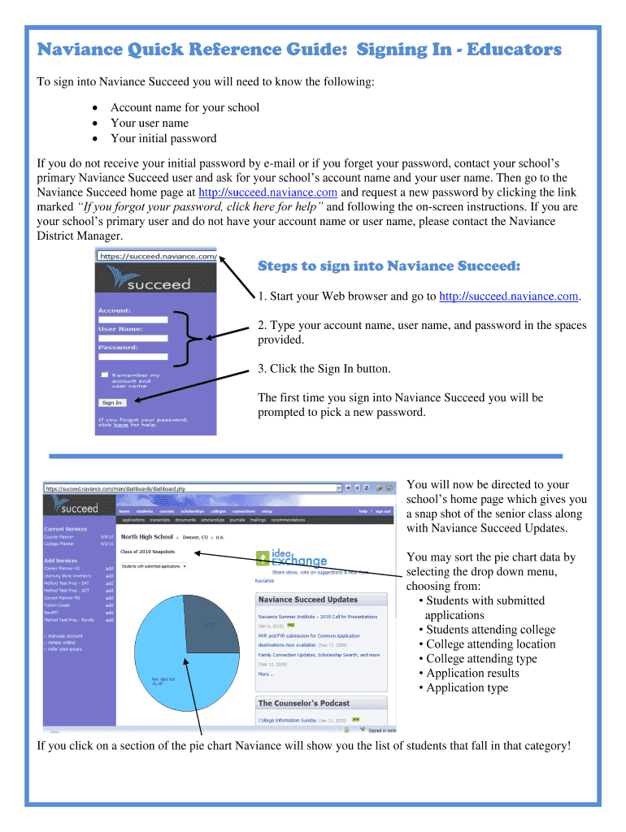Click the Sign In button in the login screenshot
pos(111,402)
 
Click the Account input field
pos(133,319)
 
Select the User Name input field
pos(133,338)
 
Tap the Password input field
pos(133,356)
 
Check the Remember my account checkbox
pos(104,375)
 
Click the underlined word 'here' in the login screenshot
pos(120,425)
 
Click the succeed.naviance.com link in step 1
pos(509,297)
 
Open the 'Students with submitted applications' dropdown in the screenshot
pos(153,566)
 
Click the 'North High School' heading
pos(147,537)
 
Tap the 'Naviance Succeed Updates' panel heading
pos(307,600)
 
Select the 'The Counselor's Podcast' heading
pos(303,703)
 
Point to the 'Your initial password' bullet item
pos(163,138)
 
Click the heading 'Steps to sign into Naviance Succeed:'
pos(389,266)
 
